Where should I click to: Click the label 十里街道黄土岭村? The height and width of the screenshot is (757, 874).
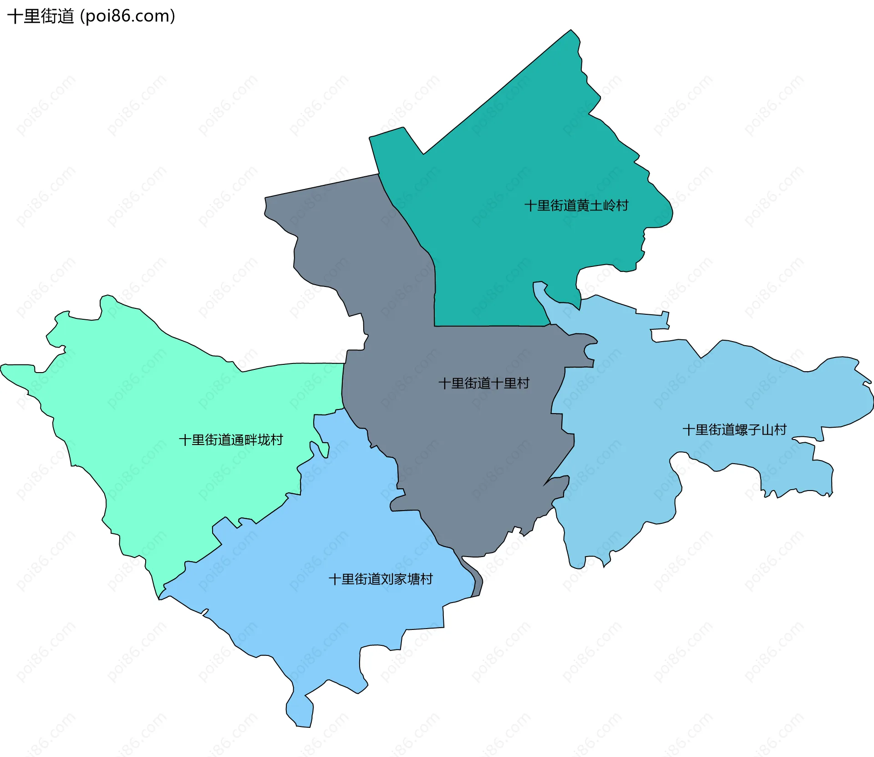coord(576,205)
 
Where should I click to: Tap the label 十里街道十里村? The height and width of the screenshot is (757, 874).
coord(484,383)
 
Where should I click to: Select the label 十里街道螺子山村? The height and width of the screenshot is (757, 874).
coord(734,430)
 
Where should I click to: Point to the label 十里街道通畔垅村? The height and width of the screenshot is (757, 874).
coord(231,440)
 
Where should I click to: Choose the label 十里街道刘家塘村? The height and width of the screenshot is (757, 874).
coord(381,579)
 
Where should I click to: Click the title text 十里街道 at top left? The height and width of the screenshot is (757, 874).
coord(41,16)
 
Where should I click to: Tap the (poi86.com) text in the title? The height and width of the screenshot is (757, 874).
coord(127,16)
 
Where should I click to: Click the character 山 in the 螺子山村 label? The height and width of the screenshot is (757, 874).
coord(767,430)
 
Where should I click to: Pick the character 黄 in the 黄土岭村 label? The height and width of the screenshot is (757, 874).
coord(583,205)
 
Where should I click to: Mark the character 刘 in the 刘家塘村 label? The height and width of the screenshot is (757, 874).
coord(387,579)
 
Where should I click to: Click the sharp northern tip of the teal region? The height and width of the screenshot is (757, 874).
coord(571,31)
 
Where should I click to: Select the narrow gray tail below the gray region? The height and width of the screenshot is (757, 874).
coord(477,585)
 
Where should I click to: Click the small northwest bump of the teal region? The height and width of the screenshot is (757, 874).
coord(387,132)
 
